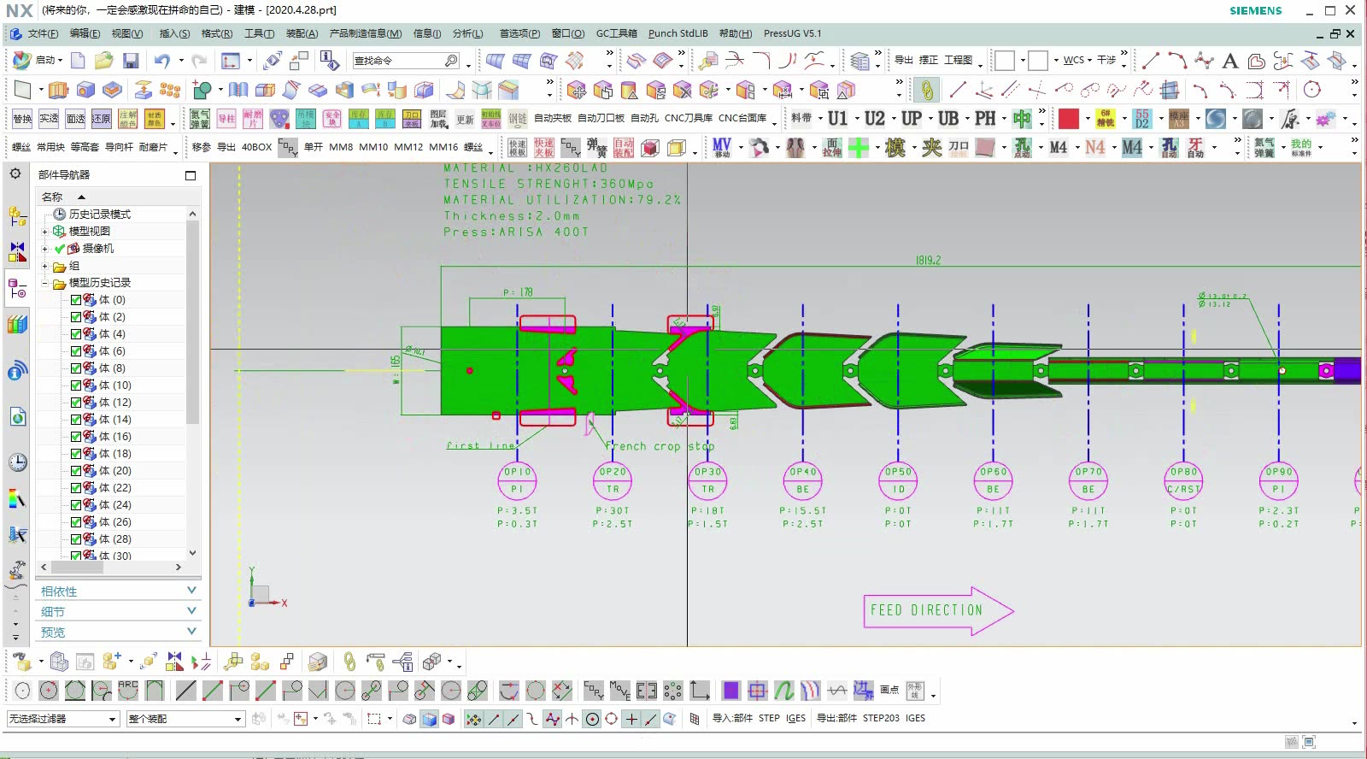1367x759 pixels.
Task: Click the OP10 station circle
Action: pos(517,480)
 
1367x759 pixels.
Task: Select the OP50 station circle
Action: pos(898,480)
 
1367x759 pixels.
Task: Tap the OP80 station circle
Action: pos(1183,480)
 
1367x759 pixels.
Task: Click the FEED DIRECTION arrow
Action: pos(937,610)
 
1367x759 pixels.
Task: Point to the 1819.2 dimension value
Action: pos(928,261)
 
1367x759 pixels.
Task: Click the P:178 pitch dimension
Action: pos(518,292)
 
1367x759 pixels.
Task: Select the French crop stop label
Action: pos(659,446)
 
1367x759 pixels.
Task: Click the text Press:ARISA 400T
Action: pos(515,232)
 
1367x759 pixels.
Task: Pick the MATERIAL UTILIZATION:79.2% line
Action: pos(561,199)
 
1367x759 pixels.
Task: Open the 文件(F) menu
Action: pos(42,33)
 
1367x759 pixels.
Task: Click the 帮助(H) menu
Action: pos(735,33)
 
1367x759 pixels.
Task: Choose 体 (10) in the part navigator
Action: pos(114,385)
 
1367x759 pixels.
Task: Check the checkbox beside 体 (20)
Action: pos(76,471)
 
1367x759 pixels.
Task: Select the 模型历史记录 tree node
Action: pos(99,283)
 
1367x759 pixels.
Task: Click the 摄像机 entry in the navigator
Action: pos(97,249)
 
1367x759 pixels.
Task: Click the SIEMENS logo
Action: pos(1255,10)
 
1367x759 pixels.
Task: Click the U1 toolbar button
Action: pos(837,119)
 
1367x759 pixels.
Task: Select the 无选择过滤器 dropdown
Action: pos(62,719)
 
